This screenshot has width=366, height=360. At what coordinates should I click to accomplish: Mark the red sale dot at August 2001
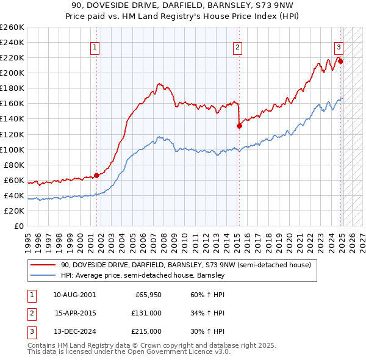pos(96,175)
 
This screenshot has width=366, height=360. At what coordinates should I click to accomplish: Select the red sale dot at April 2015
pos(239,126)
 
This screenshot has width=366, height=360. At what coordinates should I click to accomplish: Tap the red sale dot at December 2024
pos(340,61)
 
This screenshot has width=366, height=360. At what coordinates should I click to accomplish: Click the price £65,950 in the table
pos(148,295)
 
